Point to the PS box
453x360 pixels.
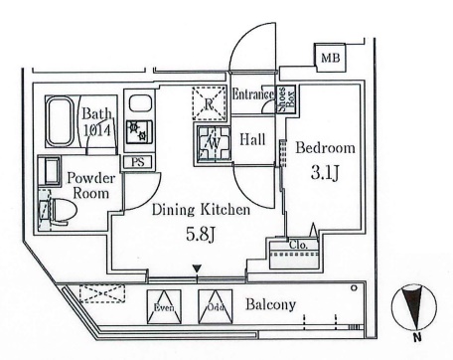pyautogui.click(x=136, y=161)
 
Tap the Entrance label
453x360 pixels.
pyautogui.click(x=252, y=94)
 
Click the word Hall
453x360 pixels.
pyautogui.click(x=253, y=141)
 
